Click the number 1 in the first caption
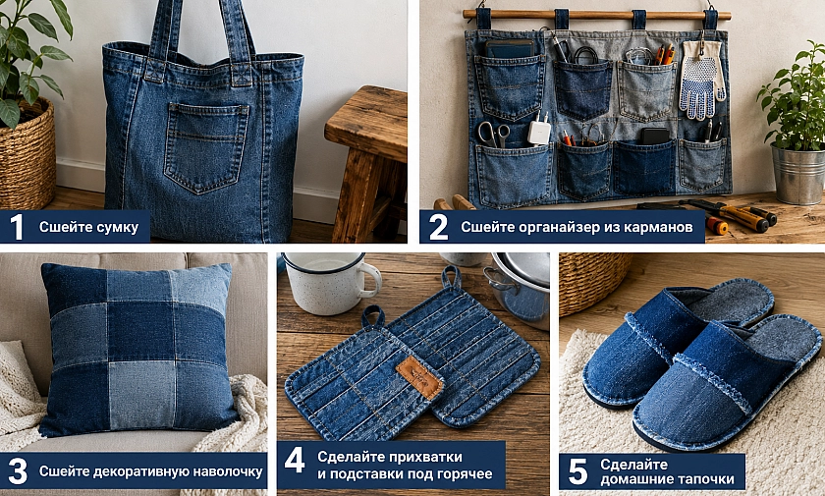(17, 227)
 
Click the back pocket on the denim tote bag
(205, 146)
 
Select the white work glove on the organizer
(701, 79)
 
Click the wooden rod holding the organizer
(597, 15)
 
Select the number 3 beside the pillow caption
(18, 471)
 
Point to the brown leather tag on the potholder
(419, 377)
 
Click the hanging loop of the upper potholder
(452, 278)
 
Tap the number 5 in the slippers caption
(577, 471)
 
